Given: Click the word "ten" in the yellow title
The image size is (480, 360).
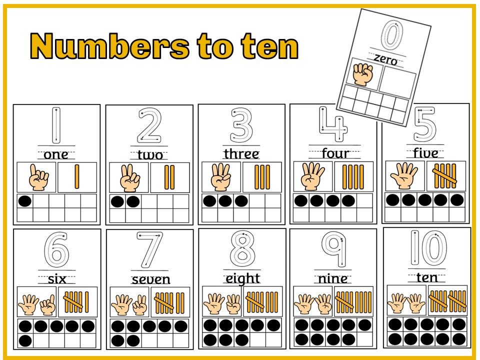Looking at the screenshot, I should pyautogui.click(x=269, y=46).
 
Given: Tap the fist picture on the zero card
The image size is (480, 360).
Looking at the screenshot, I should pyautogui.click(x=363, y=74).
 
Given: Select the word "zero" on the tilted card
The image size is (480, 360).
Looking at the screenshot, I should pyautogui.click(x=385, y=60).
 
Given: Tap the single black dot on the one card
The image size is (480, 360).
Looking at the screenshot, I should pyautogui.click(x=24, y=201).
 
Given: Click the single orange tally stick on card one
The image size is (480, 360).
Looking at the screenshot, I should pyautogui.click(x=77, y=177).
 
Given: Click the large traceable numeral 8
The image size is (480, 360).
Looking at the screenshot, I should pyautogui.click(x=242, y=249).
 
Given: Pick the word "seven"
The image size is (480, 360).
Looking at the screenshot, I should pyautogui.click(x=150, y=279).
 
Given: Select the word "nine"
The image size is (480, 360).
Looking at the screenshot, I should pyautogui.click(x=332, y=278).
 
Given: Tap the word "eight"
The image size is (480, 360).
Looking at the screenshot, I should pyautogui.click(x=242, y=278).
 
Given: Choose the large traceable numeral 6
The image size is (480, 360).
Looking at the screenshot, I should pyautogui.click(x=56, y=249).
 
